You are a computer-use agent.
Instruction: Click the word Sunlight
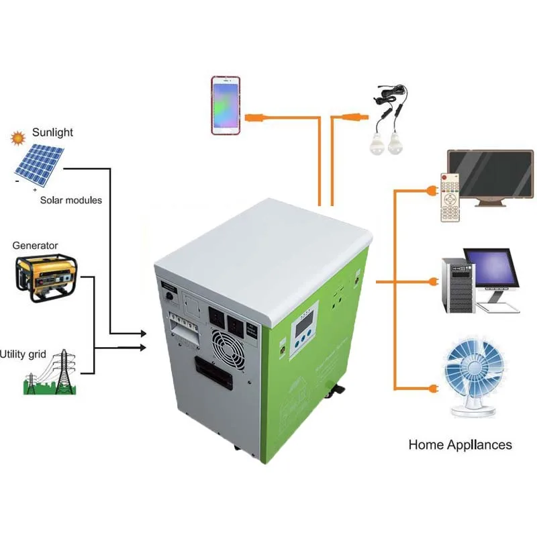52,132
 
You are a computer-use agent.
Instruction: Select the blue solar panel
40,165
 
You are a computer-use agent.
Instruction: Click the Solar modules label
71,200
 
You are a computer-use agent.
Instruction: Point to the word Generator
35,245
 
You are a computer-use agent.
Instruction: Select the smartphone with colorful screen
226,105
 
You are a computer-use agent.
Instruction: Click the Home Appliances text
460,444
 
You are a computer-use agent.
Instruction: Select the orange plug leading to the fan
431,388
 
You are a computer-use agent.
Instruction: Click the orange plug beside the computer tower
434,282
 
